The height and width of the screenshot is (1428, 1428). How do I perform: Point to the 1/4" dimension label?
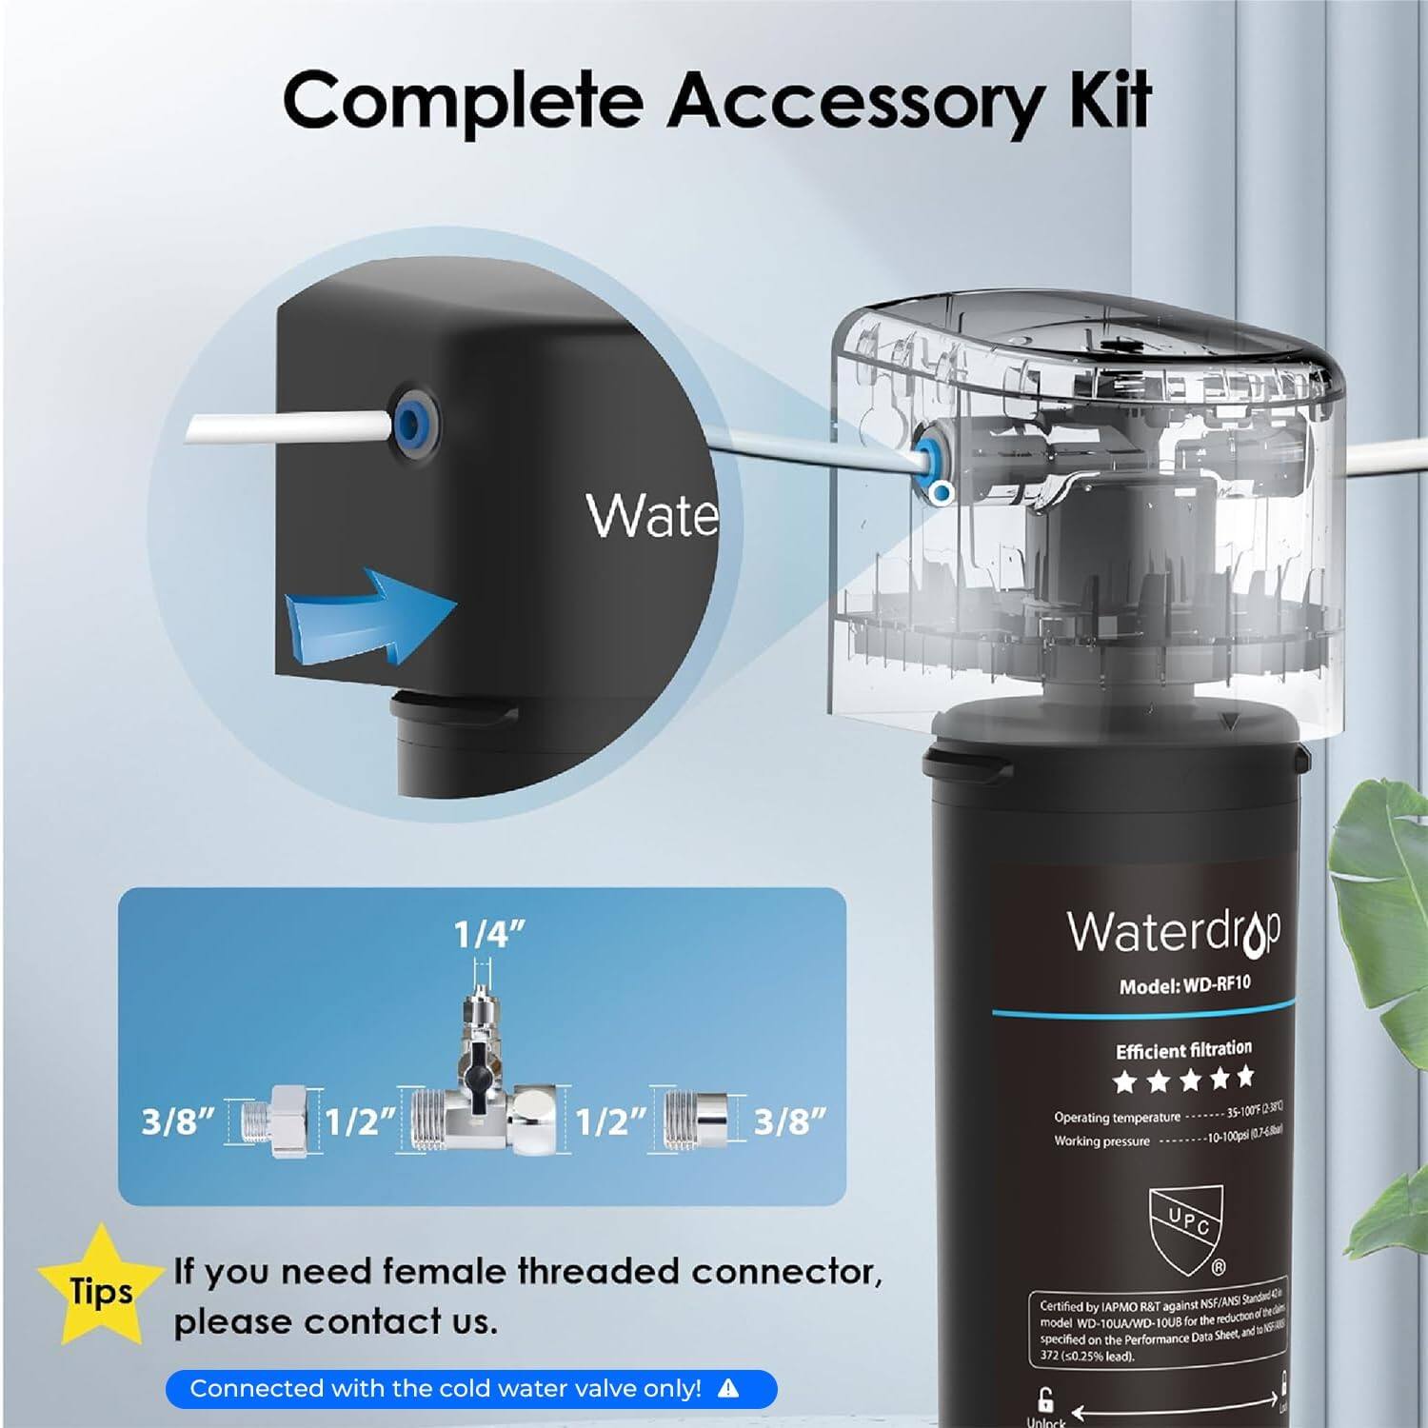point(489,935)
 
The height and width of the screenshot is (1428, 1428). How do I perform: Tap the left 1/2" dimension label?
point(360,1121)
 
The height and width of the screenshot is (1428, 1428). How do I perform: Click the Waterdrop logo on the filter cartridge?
point(1173,931)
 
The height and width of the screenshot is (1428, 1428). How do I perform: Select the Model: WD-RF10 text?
point(1184,985)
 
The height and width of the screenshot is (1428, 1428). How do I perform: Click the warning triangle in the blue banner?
point(728,1389)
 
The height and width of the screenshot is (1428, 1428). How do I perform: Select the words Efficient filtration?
point(1183,1050)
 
